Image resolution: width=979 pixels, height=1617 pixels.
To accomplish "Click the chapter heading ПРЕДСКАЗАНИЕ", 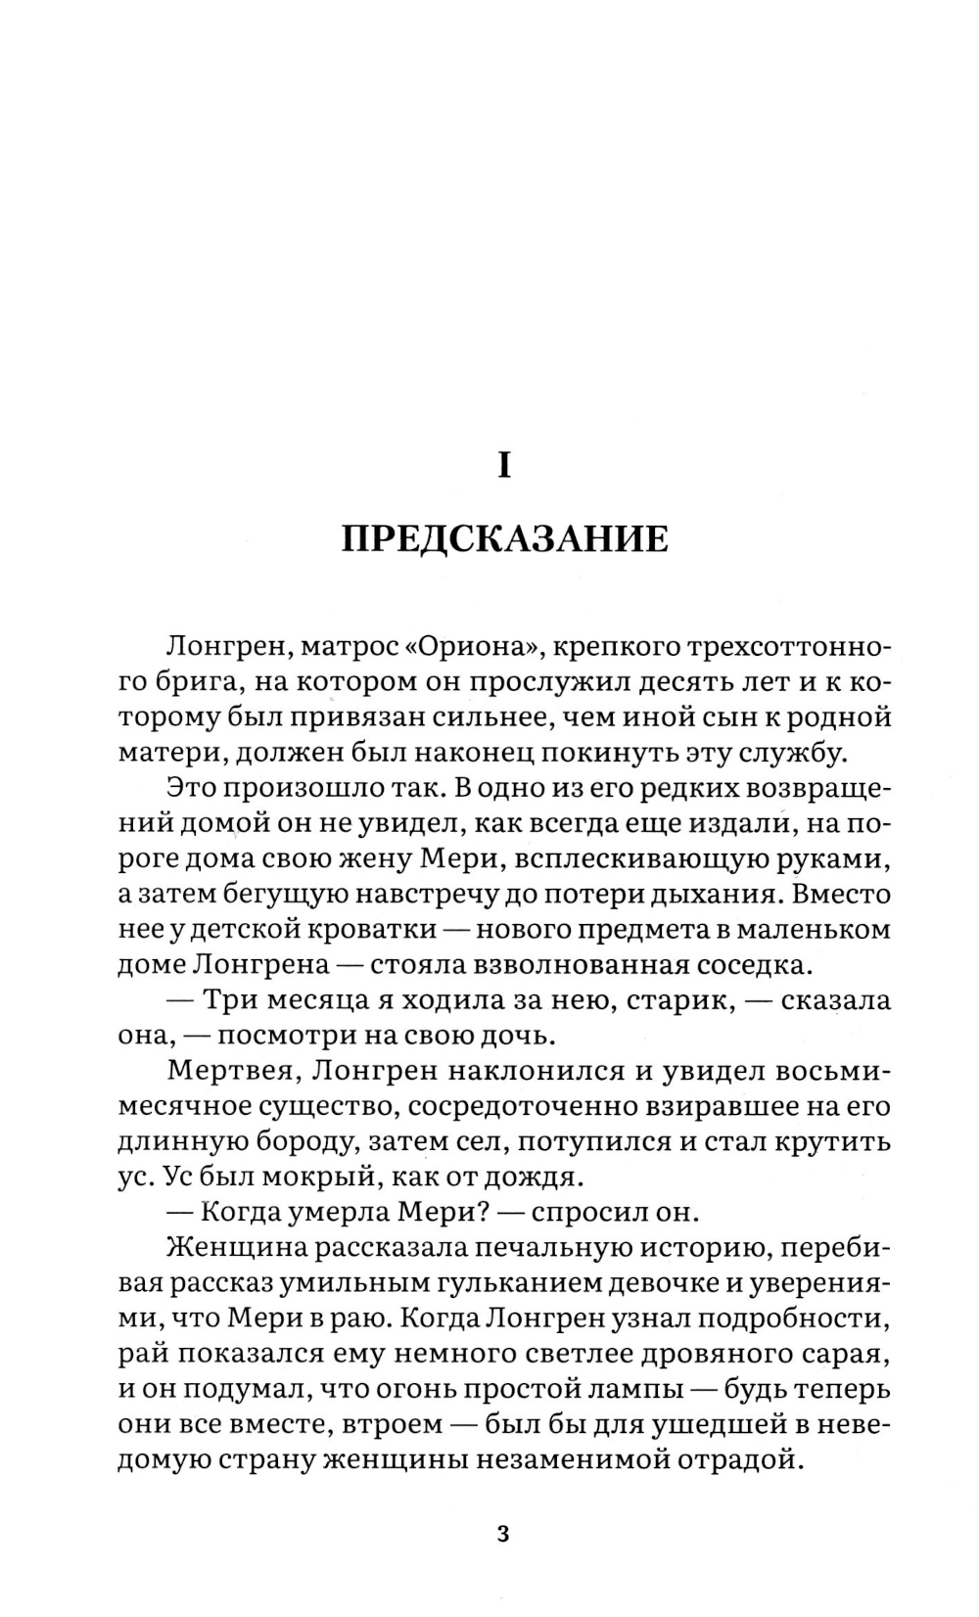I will click(504, 539).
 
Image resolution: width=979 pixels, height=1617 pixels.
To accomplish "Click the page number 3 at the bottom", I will click(504, 1533).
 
